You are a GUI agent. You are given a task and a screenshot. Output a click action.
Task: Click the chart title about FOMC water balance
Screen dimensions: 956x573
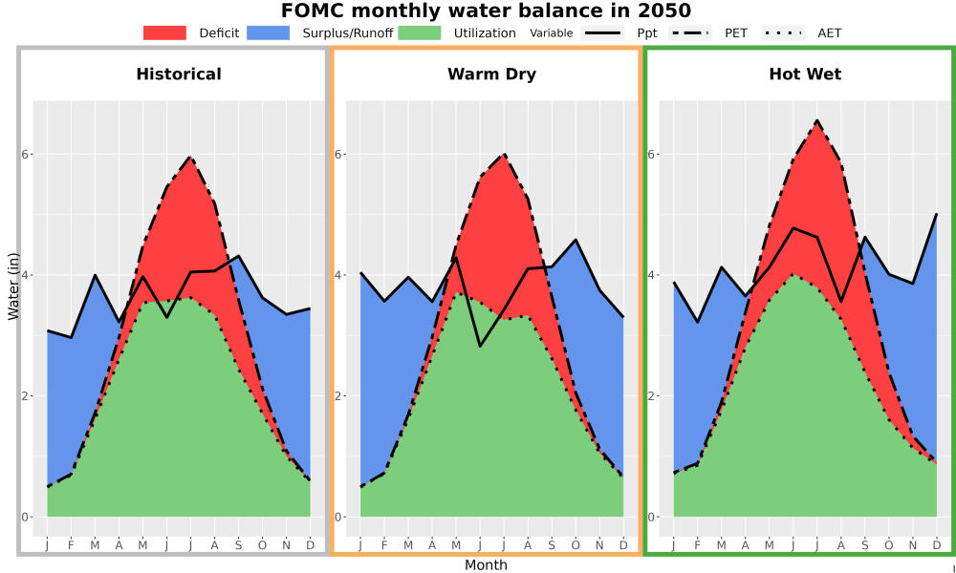(486, 11)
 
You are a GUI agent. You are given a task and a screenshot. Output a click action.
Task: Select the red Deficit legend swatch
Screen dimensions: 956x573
(164, 32)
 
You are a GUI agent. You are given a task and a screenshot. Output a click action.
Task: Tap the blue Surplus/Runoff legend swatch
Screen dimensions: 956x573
(269, 32)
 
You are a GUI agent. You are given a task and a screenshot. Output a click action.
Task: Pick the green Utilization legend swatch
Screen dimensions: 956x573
(420, 32)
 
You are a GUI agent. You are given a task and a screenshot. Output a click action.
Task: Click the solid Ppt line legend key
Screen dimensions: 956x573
(602, 32)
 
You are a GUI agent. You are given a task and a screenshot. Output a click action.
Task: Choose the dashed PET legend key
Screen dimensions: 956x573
(690, 32)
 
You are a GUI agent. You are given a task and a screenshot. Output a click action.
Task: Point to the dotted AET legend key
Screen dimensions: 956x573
(783, 32)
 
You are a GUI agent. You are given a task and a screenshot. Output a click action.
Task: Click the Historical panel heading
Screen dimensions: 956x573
(179, 74)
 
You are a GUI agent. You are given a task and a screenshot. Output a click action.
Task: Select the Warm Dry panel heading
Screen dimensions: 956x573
(492, 74)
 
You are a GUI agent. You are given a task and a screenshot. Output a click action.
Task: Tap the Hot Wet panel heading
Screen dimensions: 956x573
(805, 74)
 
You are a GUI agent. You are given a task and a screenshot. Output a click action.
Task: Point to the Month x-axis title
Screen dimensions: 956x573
(486, 565)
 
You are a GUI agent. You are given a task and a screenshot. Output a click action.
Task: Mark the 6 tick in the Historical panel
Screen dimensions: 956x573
(25, 154)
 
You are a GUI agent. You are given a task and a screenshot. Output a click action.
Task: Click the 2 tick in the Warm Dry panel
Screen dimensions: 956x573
(338, 395)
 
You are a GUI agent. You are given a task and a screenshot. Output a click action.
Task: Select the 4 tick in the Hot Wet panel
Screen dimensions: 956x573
(652, 275)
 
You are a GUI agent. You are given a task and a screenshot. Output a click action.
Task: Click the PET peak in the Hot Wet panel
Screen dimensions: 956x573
(817, 120)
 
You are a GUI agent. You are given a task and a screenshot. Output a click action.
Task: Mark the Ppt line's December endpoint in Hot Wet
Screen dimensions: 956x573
(937, 214)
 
